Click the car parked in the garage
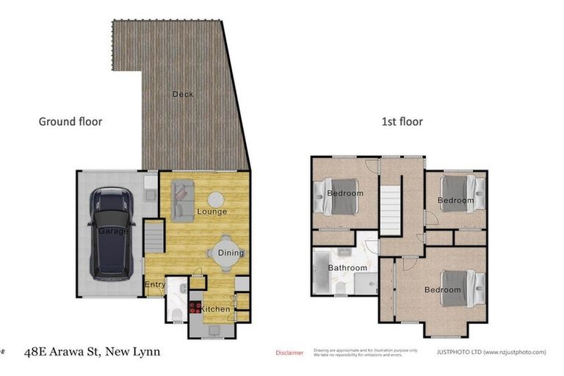tap(111, 234)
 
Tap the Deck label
tap(183, 94)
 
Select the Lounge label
tap(211, 211)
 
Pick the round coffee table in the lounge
tap(216, 198)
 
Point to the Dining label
tap(231, 253)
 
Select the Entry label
tap(154, 285)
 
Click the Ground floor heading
tap(70, 121)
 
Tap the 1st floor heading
tap(402, 121)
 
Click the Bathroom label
tap(347, 268)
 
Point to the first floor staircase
tap(391, 210)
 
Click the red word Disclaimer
tap(289, 353)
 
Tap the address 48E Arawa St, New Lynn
tap(92, 352)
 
